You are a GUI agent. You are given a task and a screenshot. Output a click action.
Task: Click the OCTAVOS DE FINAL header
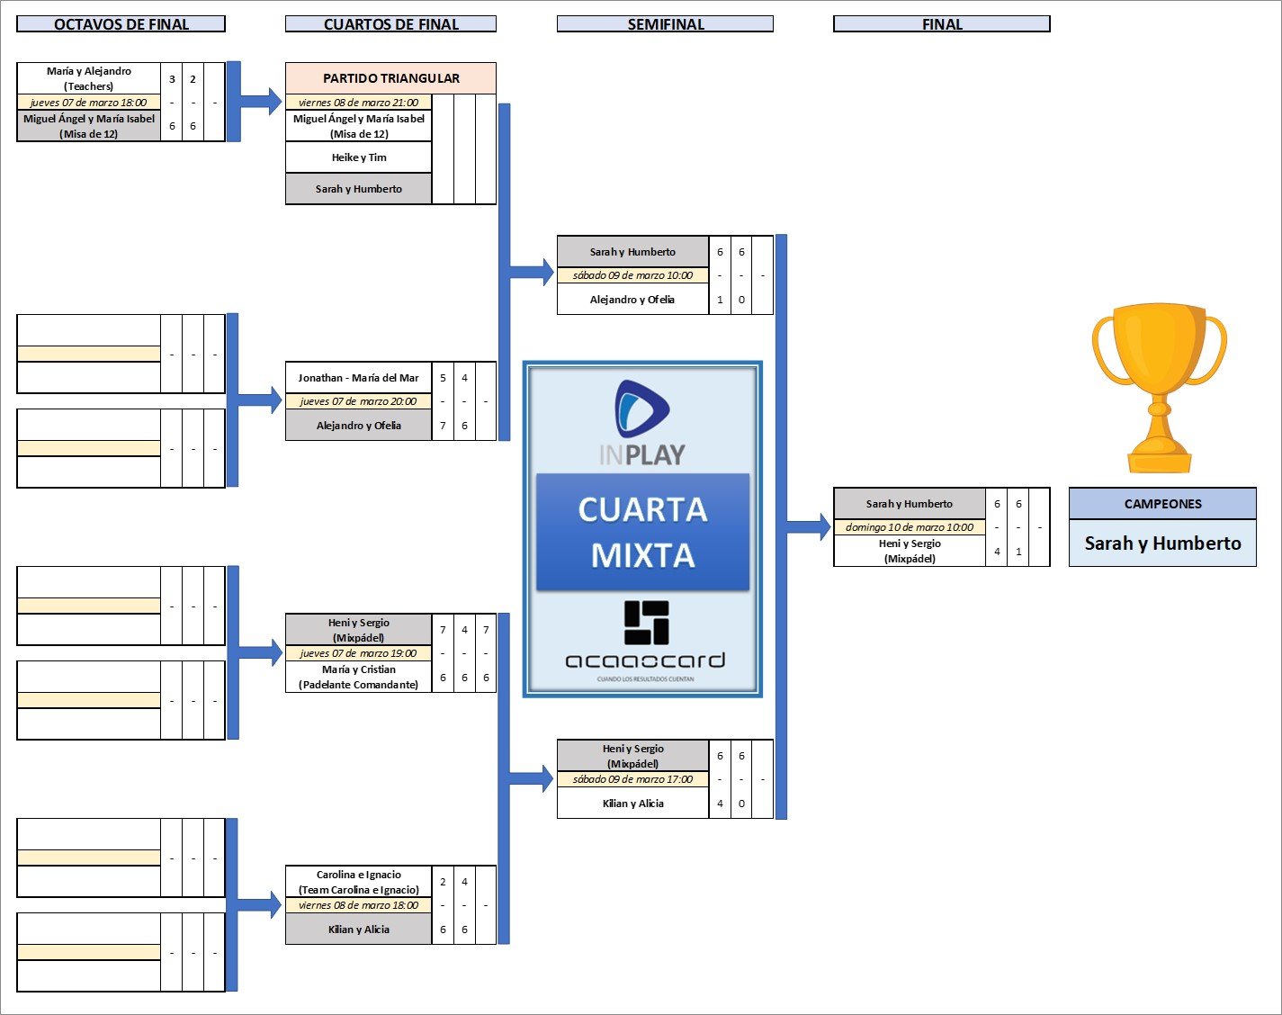click(121, 24)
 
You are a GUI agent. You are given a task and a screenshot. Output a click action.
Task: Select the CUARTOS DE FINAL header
click(390, 24)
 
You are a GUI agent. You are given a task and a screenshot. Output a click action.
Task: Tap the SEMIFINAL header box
click(665, 24)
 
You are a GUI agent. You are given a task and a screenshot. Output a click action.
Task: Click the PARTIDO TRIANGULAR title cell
click(390, 78)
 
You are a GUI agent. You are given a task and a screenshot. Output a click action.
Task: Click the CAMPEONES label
click(1162, 504)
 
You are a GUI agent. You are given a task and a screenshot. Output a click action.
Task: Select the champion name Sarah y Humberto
click(1162, 543)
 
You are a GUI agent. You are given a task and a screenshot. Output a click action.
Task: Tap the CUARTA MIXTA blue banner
click(642, 532)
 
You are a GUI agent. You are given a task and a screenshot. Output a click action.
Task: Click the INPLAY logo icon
click(641, 409)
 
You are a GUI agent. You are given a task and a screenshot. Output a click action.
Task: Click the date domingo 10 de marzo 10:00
click(910, 527)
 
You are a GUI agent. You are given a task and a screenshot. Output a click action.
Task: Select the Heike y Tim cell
click(359, 157)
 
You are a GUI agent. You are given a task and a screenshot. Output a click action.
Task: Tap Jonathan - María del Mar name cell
click(359, 378)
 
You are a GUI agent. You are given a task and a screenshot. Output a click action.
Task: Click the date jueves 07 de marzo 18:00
click(88, 103)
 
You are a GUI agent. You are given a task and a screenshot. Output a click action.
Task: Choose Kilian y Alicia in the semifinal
click(632, 804)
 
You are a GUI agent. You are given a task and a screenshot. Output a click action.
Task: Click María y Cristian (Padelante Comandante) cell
click(359, 677)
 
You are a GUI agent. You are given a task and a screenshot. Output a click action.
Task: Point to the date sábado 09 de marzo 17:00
click(632, 779)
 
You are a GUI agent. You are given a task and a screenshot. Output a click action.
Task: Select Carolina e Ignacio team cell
click(359, 882)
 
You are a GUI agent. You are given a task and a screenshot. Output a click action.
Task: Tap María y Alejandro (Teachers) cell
click(88, 78)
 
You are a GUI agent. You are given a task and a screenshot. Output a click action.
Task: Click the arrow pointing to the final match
click(810, 527)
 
